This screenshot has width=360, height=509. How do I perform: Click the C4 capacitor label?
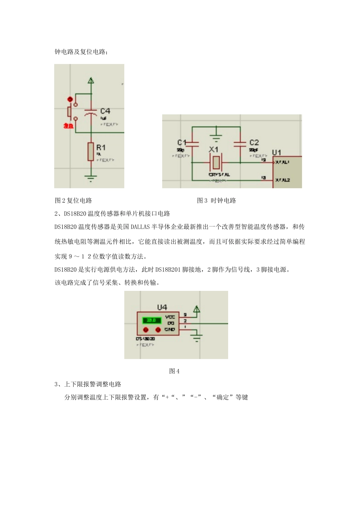(105, 111)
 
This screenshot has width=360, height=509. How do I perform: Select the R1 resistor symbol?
(91, 151)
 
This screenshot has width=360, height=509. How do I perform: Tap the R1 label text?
(101, 147)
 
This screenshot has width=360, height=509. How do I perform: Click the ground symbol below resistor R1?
(91, 177)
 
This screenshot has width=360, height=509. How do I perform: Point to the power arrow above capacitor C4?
(91, 80)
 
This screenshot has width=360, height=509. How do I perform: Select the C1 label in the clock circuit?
(182, 143)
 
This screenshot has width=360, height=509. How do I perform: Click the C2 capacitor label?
(254, 143)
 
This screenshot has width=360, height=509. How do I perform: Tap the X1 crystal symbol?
(216, 162)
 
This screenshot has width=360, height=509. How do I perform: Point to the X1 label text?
(214, 150)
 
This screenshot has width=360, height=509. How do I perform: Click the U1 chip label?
(277, 152)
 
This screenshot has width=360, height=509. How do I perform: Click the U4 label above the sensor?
(162, 307)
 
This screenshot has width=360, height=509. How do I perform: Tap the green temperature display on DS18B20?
(152, 320)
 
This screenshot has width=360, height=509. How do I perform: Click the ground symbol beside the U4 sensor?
(196, 337)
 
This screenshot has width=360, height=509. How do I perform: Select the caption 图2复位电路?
(74, 201)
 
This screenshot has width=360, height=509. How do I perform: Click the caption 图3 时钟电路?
(216, 201)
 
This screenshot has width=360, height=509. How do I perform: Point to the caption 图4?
(174, 371)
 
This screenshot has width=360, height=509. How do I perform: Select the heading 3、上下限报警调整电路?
(88, 384)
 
